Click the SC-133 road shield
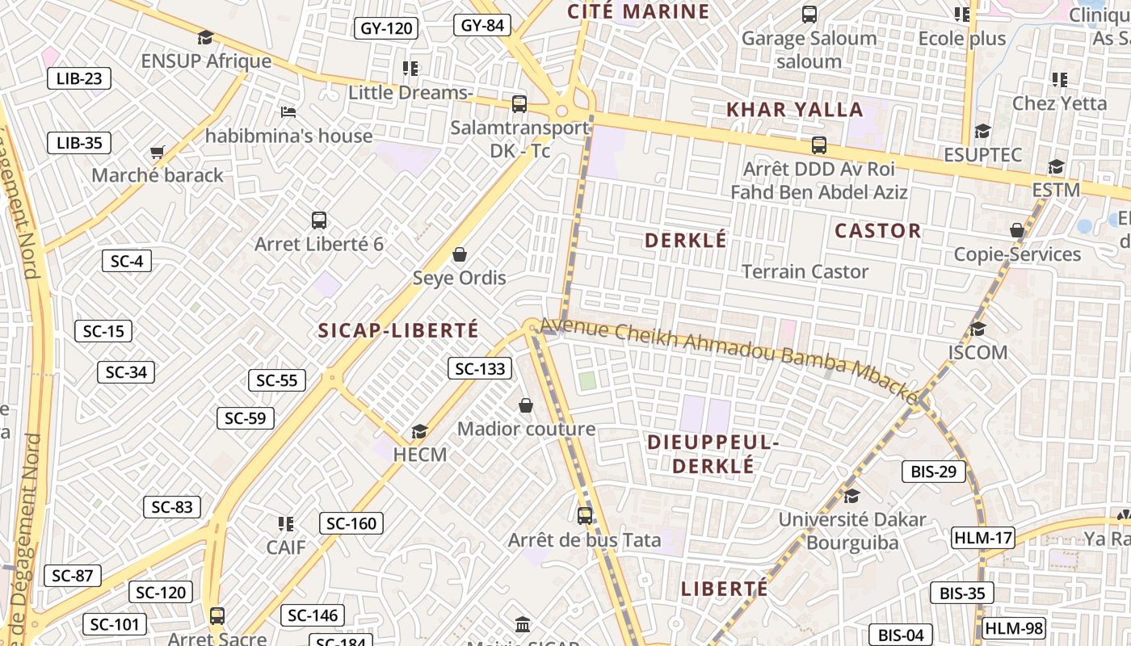[x=480, y=369]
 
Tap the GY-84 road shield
[x=482, y=25]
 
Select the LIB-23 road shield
[x=78, y=78]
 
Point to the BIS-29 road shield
[x=933, y=472]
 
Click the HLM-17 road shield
[x=982, y=538]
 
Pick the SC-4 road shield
[x=127, y=261]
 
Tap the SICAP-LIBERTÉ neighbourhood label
[x=398, y=330]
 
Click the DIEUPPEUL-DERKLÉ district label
[x=713, y=454]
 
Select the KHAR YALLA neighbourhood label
[x=795, y=110]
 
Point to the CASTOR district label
[x=877, y=231]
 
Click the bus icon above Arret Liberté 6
[x=319, y=220]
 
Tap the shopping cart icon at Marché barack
[x=158, y=152]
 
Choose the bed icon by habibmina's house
[x=288, y=111]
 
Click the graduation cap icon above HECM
[x=419, y=431]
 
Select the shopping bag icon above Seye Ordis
[x=459, y=254]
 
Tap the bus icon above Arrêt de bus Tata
[x=584, y=515]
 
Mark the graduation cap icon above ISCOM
[x=978, y=329]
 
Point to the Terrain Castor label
[x=805, y=271]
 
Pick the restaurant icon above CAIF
[x=285, y=524]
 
